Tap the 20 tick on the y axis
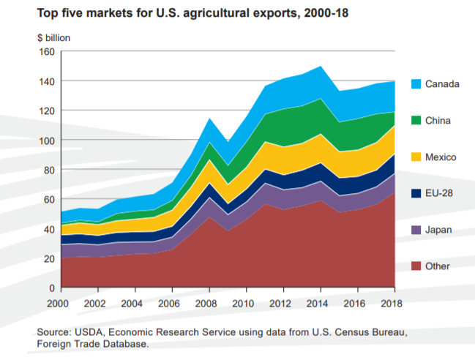[x=48, y=259]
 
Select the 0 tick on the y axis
[x=51, y=288]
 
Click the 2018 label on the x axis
[x=394, y=302]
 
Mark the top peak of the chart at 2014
[x=320, y=66]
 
